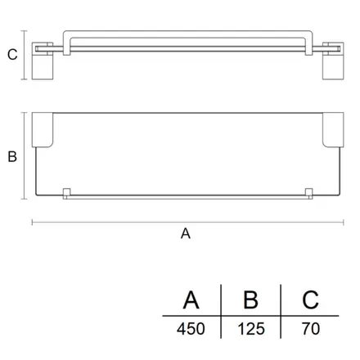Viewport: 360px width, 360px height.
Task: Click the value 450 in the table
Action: tap(191, 329)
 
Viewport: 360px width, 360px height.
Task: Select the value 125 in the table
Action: tap(251, 329)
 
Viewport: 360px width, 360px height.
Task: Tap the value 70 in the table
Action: tap(311, 329)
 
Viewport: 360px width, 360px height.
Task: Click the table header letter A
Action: tap(191, 300)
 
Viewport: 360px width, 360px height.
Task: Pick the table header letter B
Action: tap(250, 300)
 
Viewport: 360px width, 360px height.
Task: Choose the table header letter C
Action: tap(310, 300)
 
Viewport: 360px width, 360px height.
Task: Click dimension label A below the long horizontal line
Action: tap(186, 234)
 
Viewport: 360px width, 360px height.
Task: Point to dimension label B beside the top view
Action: tap(12, 157)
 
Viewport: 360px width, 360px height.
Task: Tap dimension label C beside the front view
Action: tap(12, 55)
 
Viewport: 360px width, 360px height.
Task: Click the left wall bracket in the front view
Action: tap(43, 61)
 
